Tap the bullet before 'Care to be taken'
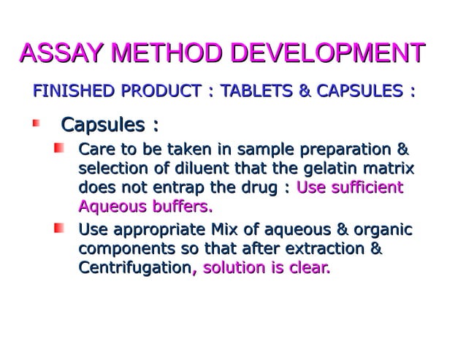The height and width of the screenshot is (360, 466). [58, 150]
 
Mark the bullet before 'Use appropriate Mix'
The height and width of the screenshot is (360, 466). [58, 231]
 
